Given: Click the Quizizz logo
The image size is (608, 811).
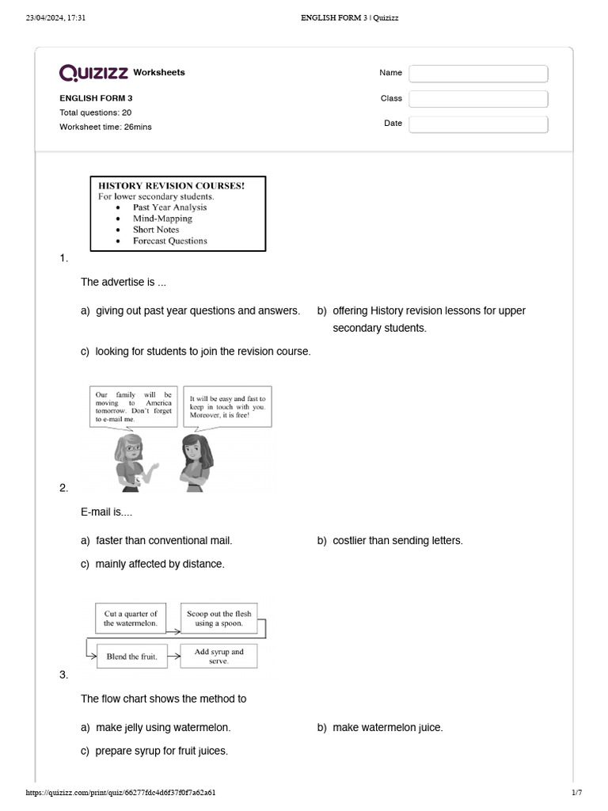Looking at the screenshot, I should coord(94,73).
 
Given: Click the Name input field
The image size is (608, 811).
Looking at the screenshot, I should coord(478,74).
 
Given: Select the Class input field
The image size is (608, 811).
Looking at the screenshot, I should coord(478,99).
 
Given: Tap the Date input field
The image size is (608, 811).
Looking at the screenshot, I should coord(478,124).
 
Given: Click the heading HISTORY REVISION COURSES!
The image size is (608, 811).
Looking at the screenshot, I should coord(171,185).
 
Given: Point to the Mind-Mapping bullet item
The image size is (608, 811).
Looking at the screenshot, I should coord(162,219).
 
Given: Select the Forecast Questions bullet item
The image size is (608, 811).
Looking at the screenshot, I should coord(169,241).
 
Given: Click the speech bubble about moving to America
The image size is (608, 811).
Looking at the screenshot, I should coord(133,406).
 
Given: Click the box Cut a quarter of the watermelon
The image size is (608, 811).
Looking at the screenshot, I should coord(131,619).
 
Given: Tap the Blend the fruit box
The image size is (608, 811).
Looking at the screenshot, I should coord(131,657).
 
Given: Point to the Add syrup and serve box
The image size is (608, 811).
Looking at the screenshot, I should coord(219,656).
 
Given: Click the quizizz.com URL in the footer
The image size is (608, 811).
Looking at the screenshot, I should coord(120,793).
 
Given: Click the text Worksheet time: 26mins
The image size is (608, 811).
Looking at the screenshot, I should coord(105,127).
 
